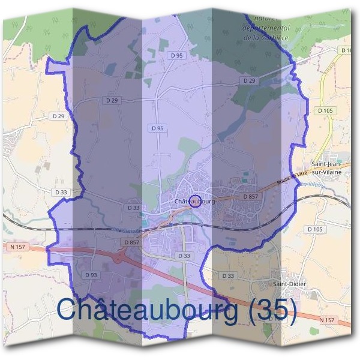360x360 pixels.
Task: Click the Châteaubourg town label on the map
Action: tap(194, 202)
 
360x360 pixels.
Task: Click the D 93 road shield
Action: tap(91, 275)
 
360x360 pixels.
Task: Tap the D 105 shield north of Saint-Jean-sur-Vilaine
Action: tap(325, 110)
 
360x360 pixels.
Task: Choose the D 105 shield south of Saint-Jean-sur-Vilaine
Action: tap(315, 229)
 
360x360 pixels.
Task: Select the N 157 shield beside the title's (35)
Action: tap(327, 320)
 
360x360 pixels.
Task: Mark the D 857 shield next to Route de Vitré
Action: tap(251, 196)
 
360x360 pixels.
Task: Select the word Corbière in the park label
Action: tap(274, 37)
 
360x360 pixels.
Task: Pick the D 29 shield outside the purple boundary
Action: tap(58, 116)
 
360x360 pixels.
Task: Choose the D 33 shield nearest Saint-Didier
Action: tap(228, 275)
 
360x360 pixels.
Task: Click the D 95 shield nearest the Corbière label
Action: tap(176, 55)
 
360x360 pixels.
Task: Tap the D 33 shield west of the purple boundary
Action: tap(61, 192)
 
